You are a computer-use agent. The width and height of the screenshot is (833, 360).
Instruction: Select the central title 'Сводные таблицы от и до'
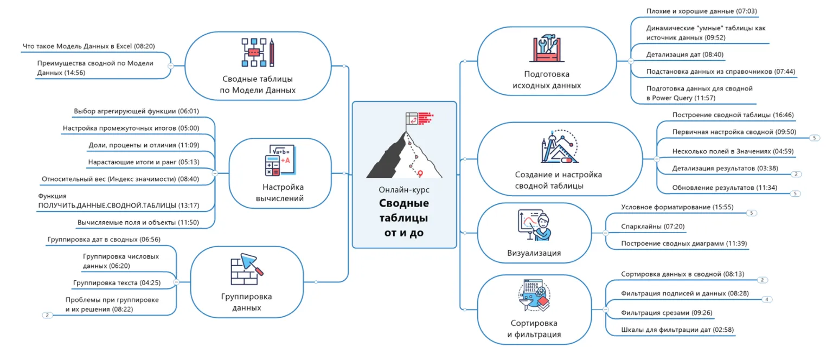pos(404,218)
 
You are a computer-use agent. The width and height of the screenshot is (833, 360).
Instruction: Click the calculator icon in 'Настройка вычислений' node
pos(279,160)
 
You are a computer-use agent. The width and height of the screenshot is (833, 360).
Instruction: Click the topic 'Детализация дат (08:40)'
pos(685,55)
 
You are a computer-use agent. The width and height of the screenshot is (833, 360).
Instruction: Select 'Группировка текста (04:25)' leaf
pos(117,282)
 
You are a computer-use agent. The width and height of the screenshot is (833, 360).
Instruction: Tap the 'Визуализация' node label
pos(534,253)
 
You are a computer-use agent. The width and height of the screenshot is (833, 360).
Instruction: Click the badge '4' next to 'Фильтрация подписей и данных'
pos(767,299)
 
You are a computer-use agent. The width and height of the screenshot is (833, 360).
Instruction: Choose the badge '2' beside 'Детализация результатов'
pos(796,175)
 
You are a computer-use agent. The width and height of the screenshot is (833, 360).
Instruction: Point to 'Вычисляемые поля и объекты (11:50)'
pos(138,222)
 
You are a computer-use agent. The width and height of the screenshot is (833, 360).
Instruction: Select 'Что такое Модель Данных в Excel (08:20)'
pos(88,47)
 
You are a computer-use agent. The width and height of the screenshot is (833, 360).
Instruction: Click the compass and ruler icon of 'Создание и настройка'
pos(559,146)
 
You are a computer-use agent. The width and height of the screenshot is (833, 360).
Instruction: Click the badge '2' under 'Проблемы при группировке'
pos(48,315)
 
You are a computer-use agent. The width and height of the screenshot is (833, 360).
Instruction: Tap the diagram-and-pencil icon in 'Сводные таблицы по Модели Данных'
pos(258,52)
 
